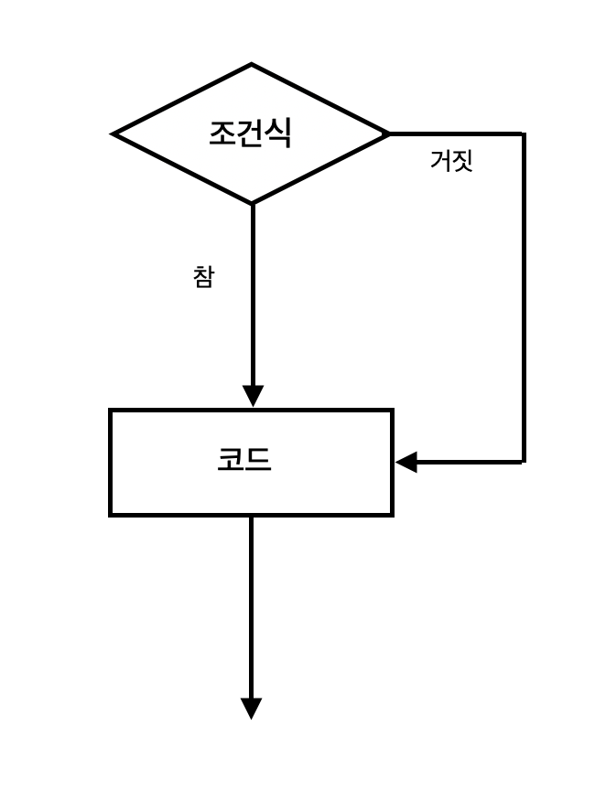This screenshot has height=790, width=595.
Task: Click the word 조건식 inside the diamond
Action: click(250, 133)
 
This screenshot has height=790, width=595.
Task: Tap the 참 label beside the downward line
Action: click(203, 276)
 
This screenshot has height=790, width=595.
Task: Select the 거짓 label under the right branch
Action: click(451, 161)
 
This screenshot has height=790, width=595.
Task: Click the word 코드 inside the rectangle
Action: click(244, 460)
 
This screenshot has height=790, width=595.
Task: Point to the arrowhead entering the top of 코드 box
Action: click(253, 397)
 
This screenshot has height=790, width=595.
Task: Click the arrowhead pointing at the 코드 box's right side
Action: click(406, 462)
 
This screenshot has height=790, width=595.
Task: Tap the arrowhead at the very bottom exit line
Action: click(252, 709)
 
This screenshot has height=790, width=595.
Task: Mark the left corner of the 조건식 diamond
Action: click(114, 133)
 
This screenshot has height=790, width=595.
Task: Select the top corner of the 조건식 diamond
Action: click(252, 65)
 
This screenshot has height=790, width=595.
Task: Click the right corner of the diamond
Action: click(389, 133)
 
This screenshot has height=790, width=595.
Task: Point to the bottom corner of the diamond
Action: click(252, 203)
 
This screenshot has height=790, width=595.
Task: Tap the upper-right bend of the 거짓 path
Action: click(524, 134)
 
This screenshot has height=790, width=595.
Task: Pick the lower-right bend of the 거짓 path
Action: click(524, 462)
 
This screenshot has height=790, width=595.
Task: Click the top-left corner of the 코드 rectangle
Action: click(111, 411)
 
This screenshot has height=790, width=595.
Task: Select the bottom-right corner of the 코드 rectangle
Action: click(392, 515)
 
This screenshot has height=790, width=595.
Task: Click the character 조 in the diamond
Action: click(222, 133)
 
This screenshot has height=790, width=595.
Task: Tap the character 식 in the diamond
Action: click(278, 133)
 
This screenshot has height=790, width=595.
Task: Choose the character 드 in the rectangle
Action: click(259, 460)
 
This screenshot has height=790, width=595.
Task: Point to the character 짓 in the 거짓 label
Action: click(462, 161)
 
